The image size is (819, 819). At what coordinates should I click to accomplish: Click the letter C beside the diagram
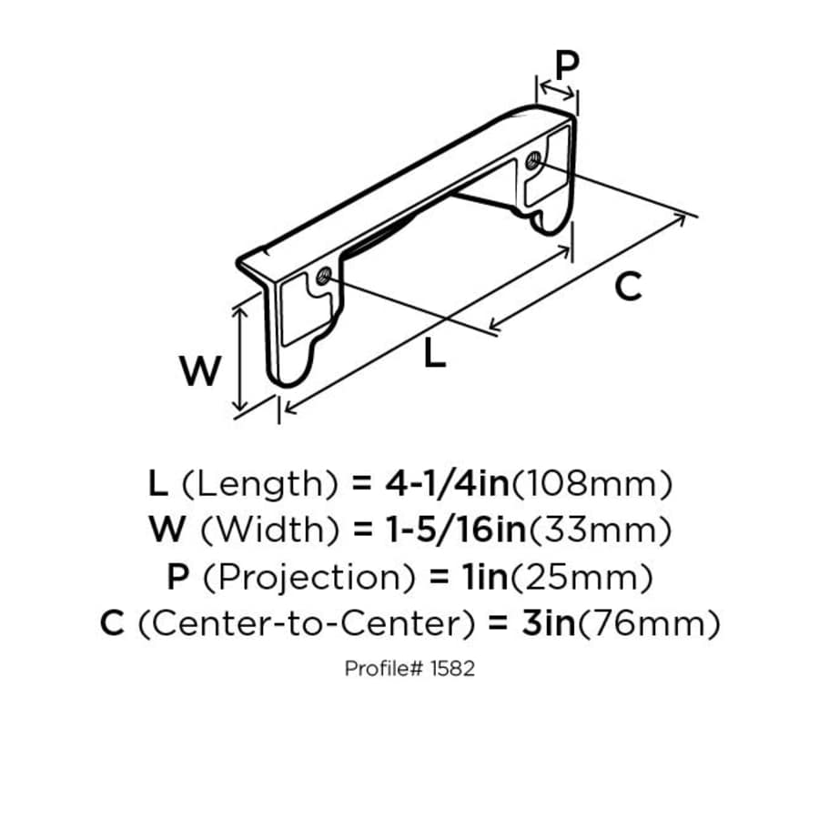click(628, 287)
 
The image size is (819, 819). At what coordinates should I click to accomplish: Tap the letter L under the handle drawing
click(436, 353)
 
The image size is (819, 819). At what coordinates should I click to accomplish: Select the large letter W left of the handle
click(199, 371)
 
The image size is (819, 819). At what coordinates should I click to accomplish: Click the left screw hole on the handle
click(323, 276)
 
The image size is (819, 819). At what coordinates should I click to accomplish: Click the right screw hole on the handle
click(534, 161)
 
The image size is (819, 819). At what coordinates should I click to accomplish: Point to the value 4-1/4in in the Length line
click(447, 483)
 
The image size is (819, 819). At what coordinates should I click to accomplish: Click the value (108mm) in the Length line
click(592, 483)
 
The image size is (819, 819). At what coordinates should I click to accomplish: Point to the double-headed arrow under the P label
click(557, 89)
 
